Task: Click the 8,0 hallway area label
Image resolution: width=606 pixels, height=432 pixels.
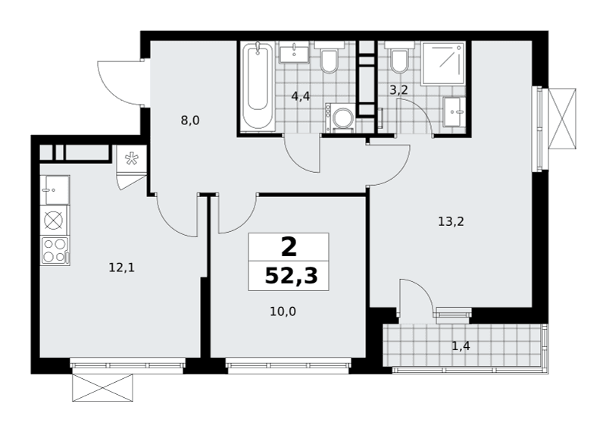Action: [190, 121]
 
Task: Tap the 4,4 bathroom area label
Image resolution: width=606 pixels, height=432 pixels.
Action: [301, 96]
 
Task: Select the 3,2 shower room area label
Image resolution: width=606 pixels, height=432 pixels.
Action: [398, 90]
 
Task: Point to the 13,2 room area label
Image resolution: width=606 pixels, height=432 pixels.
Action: [451, 221]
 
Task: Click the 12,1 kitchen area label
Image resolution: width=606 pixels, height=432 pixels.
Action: [121, 268]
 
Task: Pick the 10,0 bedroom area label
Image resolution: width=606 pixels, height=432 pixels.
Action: [283, 311]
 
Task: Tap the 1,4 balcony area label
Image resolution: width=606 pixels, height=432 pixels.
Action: [461, 346]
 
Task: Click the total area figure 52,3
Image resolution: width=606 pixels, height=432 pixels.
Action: [291, 276]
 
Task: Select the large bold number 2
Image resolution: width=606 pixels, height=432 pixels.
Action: [289, 247]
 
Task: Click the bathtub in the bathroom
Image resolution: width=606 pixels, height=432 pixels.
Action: [258, 86]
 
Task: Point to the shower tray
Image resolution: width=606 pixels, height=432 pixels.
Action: [443, 64]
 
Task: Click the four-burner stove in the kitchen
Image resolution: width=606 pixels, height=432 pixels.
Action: [55, 251]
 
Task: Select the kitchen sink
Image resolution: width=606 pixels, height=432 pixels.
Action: [55, 190]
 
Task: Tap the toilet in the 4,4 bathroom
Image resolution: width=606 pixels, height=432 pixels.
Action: [329, 58]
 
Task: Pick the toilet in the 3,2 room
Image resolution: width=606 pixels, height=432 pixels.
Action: [399, 58]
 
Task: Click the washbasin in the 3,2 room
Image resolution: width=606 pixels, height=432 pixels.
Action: [454, 111]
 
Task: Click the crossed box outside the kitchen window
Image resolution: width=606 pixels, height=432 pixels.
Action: [103, 387]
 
